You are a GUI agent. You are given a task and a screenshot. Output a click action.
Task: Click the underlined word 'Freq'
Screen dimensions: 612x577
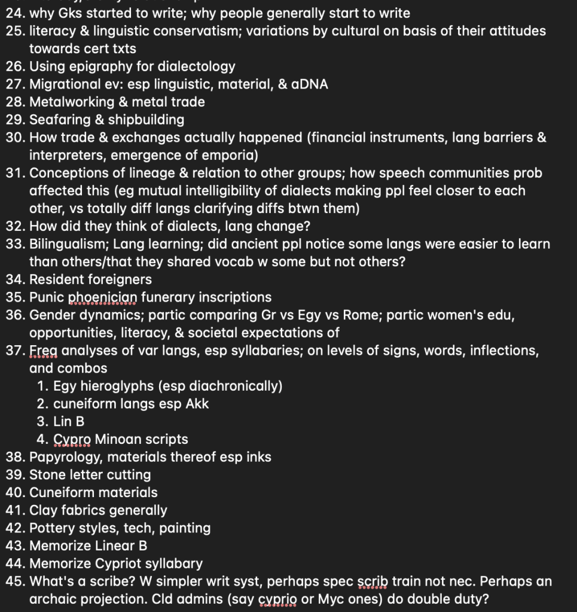point(42,351)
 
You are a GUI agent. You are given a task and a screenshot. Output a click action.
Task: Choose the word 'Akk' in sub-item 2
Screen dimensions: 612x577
point(197,404)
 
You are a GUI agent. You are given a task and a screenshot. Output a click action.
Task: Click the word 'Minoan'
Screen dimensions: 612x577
point(118,439)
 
